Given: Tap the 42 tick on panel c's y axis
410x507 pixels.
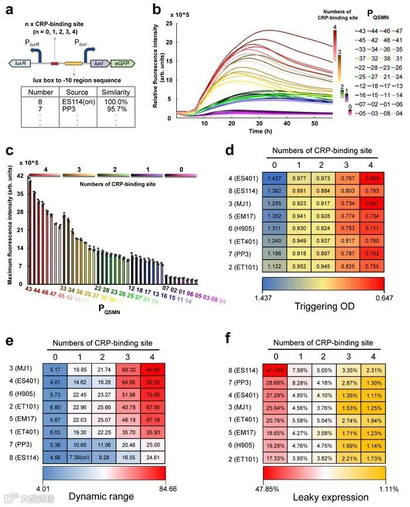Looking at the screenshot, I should pos(20,176).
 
